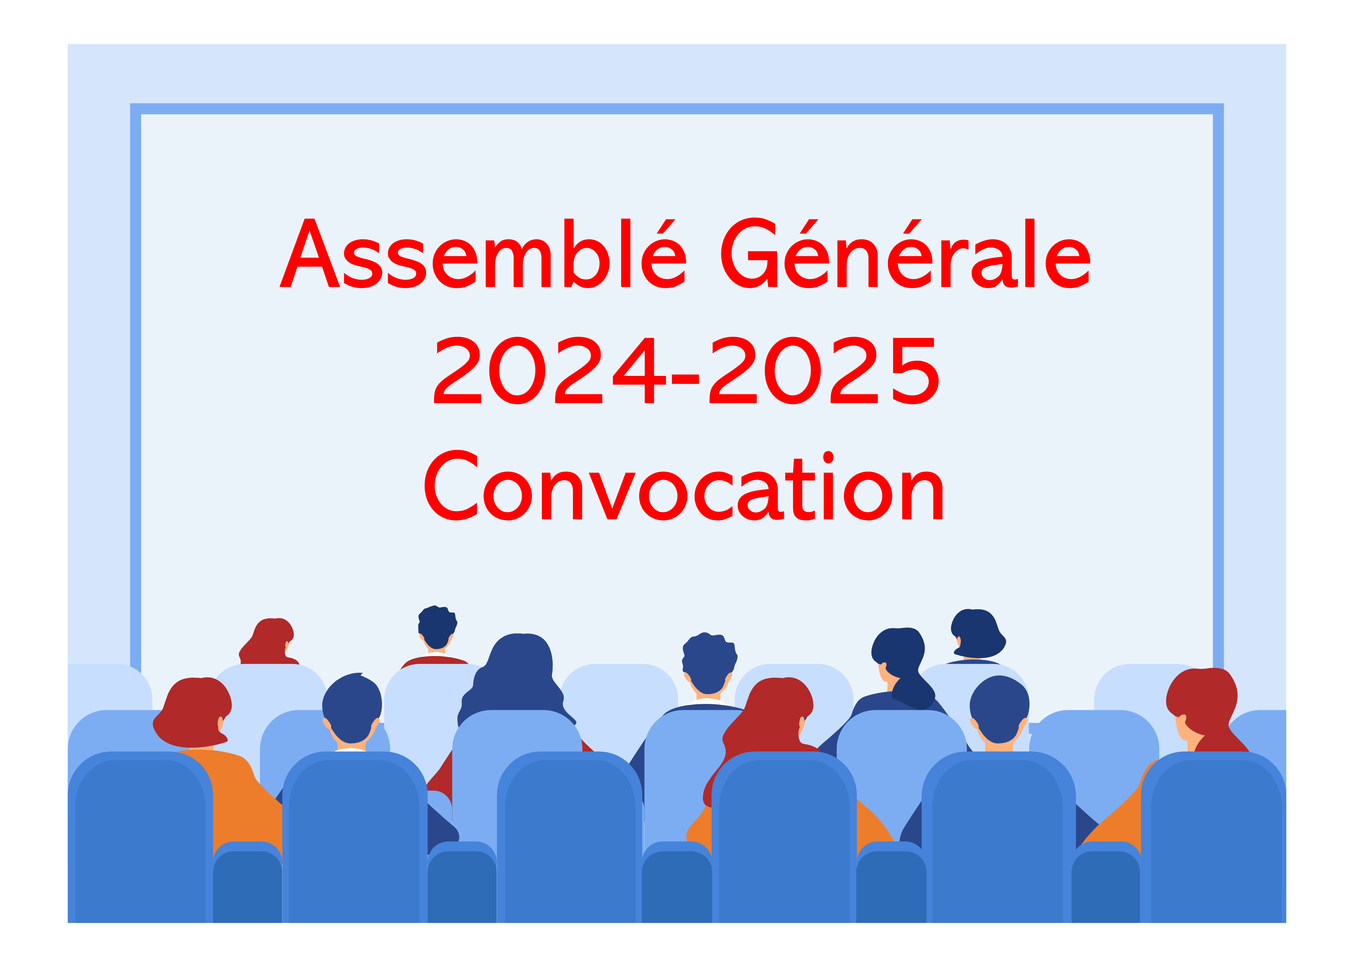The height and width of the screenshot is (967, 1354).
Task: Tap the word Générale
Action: (906, 253)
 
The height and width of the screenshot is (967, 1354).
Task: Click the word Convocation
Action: (683, 485)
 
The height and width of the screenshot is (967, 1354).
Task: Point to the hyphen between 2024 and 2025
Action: (685, 379)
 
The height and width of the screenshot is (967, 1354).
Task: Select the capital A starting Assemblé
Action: (310, 253)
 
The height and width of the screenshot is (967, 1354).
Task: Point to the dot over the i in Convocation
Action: (828, 457)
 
